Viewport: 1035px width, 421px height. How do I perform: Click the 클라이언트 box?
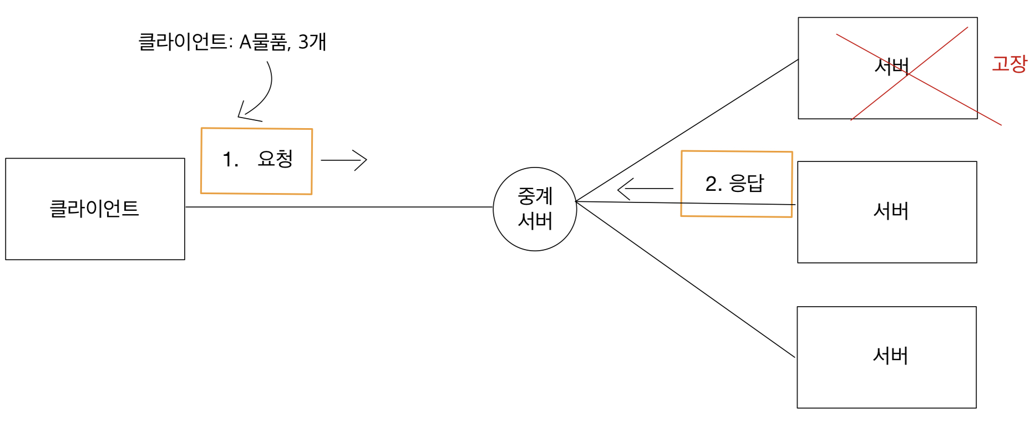click(95, 209)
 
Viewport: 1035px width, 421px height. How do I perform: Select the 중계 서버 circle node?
click(535, 209)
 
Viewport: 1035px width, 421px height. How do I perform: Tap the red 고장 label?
click(1009, 64)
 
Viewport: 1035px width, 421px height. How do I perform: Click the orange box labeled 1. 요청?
click(256, 161)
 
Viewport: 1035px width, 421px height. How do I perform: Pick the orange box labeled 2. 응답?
click(736, 184)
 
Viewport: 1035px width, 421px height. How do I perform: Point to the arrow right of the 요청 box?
click(344, 160)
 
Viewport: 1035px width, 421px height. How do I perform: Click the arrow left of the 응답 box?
click(645, 189)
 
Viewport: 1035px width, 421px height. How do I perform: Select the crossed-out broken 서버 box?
click(887, 68)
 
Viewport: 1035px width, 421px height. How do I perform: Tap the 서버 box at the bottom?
click(886, 357)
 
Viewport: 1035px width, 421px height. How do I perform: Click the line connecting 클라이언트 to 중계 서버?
click(338, 207)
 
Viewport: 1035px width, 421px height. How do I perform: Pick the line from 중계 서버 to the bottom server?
click(686, 279)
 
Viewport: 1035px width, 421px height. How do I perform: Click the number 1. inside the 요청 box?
click(230, 160)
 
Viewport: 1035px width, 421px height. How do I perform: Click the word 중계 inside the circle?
click(535, 196)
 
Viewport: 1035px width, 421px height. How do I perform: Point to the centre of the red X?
click(909, 75)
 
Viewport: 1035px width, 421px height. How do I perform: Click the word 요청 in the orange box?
click(275, 159)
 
